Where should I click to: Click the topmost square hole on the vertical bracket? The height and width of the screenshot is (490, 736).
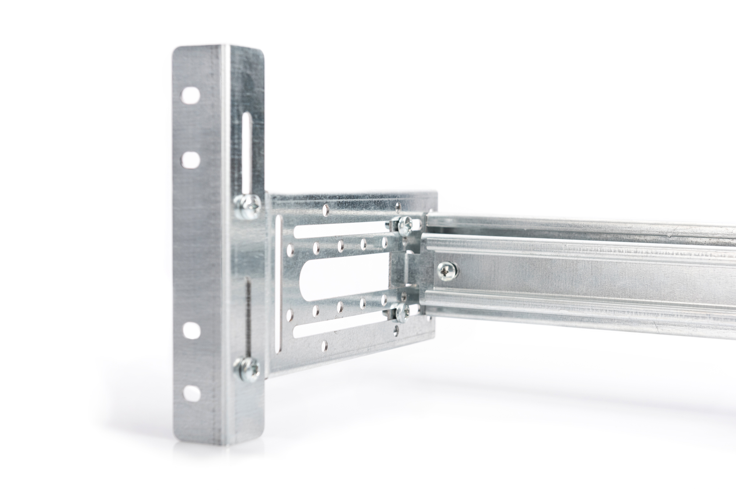point(191,95)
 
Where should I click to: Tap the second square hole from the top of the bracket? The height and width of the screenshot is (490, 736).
point(191,159)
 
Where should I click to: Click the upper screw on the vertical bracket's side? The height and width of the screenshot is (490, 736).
point(247,203)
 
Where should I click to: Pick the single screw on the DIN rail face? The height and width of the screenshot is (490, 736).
point(447,271)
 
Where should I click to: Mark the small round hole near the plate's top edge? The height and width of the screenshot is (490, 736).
point(325,210)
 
